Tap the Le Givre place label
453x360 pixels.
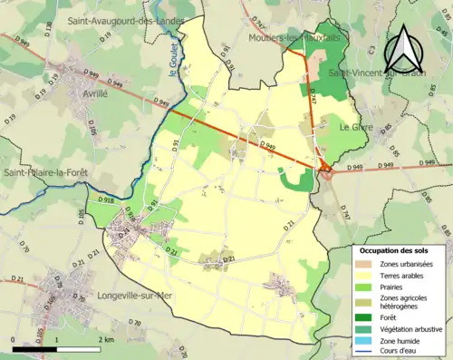point(356,128)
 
